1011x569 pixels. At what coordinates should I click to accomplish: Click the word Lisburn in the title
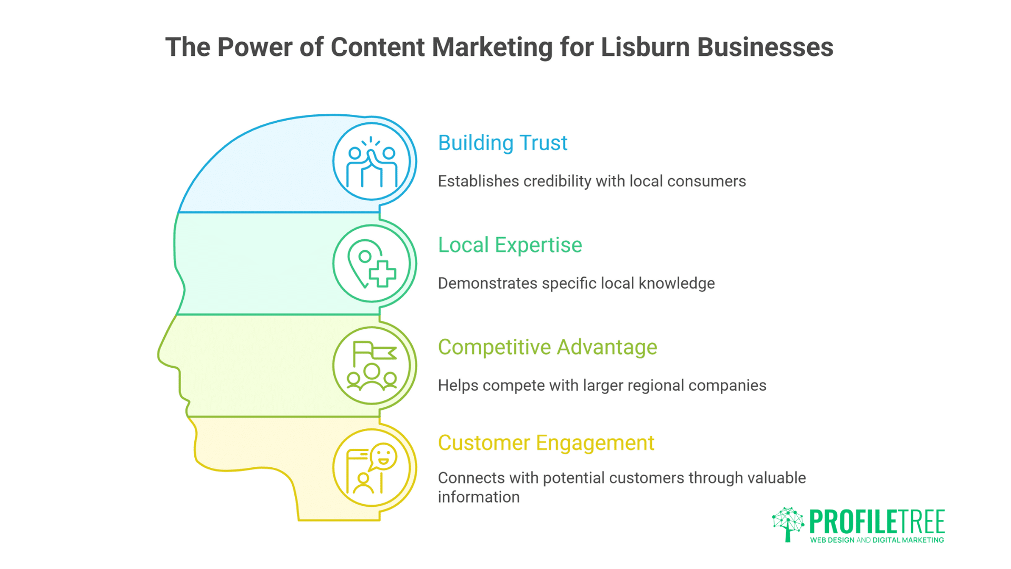tap(645, 47)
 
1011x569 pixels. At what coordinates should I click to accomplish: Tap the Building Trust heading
tap(502, 143)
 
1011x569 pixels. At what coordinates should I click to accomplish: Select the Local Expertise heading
tap(510, 245)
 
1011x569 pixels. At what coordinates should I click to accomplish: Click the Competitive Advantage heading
tap(547, 347)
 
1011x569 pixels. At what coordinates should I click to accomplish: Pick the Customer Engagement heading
tap(546, 443)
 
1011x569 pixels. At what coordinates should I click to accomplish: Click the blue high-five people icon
tap(372, 162)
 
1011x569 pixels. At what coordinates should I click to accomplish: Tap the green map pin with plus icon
tap(372, 263)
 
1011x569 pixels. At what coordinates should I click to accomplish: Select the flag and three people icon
tap(372, 366)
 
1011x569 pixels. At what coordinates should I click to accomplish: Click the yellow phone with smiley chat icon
tap(372, 468)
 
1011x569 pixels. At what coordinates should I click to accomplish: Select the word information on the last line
tap(478, 497)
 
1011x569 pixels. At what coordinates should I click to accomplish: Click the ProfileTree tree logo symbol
tap(788, 524)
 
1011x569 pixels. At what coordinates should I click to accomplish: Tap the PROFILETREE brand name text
tap(877, 522)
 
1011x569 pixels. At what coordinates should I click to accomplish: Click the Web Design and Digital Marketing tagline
tap(877, 540)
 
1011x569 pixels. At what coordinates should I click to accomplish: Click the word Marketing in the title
tap(492, 47)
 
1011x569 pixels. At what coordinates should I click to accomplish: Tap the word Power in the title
tap(255, 47)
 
